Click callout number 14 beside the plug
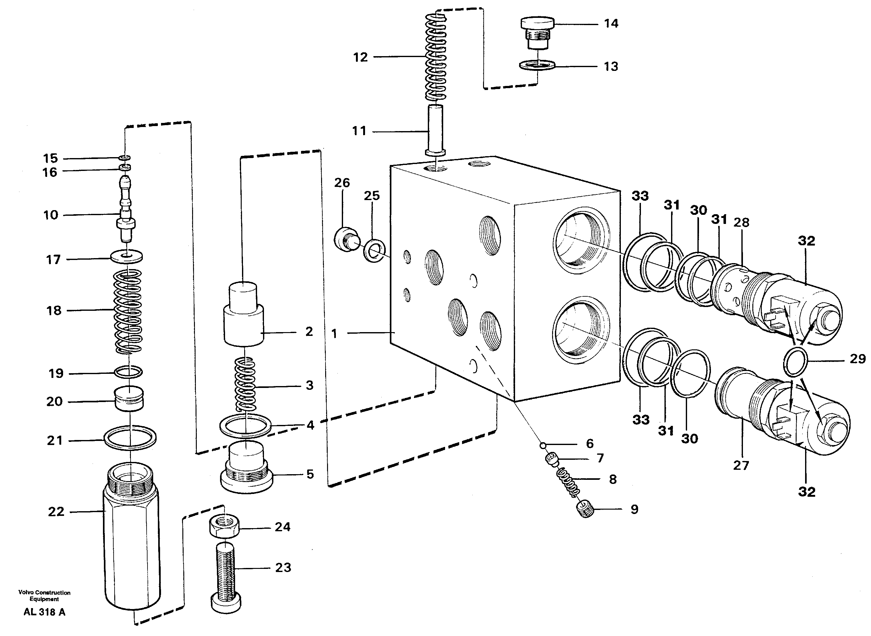click(611, 24)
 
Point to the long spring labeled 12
click(436, 58)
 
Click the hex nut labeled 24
click(224, 526)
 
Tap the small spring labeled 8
click(568, 482)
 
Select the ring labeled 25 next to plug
click(374, 250)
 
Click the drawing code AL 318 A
click(44, 612)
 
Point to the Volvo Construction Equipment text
click(44, 596)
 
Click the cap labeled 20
click(129, 399)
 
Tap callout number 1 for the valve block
click(334, 333)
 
